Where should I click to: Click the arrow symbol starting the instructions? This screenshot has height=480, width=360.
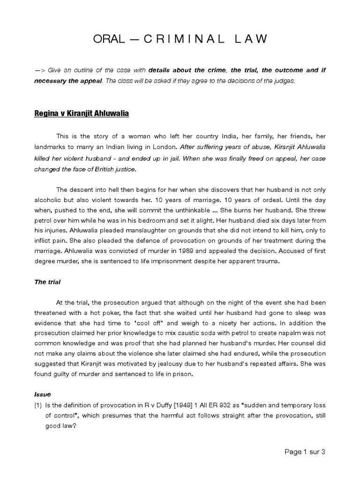pyautogui.click(x=45, y=70)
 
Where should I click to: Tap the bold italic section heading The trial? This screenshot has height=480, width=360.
pyautogui.click(x=47, y=282)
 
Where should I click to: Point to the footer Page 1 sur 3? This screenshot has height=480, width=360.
pyautogui.click(x=305, y=452)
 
